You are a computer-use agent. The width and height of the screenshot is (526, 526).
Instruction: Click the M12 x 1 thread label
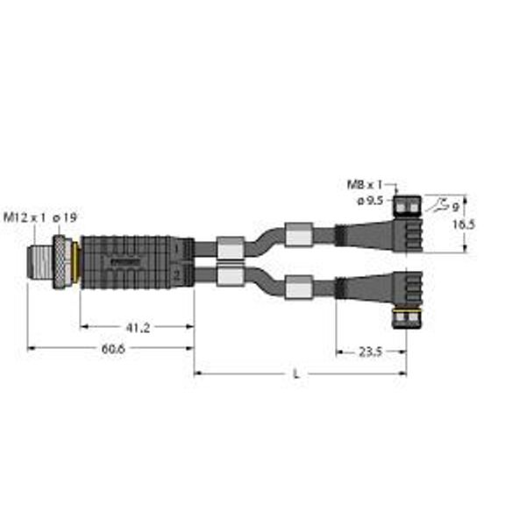23,217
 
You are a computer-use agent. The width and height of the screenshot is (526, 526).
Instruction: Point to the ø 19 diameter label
63,217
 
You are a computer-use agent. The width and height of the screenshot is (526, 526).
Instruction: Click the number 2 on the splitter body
177,277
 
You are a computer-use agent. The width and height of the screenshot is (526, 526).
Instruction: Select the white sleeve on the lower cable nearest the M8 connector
298,285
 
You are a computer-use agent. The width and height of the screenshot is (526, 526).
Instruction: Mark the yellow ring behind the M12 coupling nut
76,260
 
